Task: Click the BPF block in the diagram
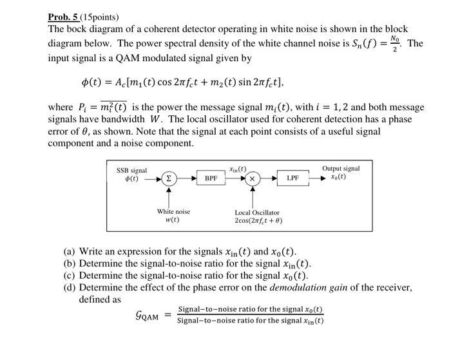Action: (211, 176)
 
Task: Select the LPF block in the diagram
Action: (293, 176)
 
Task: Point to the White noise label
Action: (173, 211)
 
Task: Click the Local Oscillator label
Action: (257, 212)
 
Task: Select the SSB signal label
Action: (131, 170)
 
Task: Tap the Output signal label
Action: (341, 168)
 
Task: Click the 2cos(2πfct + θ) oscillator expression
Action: (258, 221)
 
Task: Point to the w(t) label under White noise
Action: (172, 220)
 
